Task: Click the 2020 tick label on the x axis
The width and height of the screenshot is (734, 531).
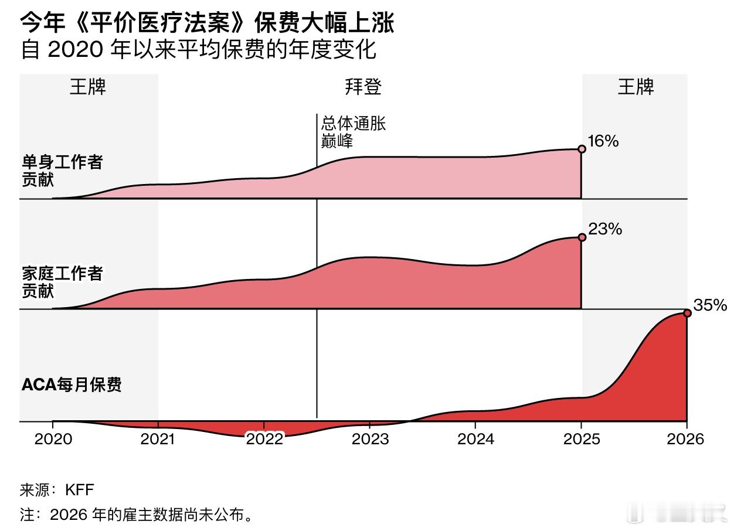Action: [53, 439]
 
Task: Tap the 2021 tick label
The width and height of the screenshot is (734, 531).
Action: [158, 439]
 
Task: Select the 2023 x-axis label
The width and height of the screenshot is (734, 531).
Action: [370, 439]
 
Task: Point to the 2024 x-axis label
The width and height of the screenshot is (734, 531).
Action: [475, 439]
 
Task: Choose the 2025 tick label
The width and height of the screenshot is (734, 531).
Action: [581, 439]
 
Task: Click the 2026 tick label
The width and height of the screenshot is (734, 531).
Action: [686, 439]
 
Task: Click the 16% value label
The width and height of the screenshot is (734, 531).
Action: [603, 141]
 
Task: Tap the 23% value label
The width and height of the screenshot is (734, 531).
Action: [605, 229]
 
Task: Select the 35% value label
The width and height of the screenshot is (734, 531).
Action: [710, 305]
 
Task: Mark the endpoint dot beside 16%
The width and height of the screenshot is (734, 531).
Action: [582, 149]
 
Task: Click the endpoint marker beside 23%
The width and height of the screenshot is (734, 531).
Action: [582, 237]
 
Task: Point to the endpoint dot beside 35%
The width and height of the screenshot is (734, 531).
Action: [687, 314]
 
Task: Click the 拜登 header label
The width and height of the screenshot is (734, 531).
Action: [363, 87]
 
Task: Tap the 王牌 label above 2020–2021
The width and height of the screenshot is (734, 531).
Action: [89, 87]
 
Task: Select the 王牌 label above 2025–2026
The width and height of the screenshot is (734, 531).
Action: [636, 87]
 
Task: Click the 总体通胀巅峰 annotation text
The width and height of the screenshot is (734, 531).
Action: [353, 132]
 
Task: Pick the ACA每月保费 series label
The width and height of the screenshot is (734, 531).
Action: [72, 385]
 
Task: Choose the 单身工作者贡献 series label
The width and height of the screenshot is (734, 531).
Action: [62, 171]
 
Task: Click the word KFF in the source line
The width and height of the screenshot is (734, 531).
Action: [80, 490]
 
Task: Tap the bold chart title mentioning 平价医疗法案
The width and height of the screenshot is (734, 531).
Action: [207, 23]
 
